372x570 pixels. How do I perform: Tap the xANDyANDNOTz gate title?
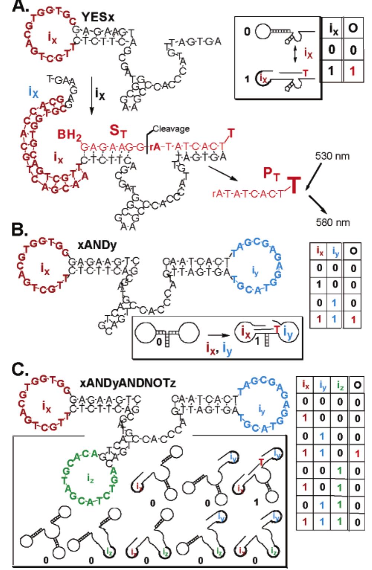tap(127, 383)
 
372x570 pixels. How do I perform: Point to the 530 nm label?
tap(332, 156)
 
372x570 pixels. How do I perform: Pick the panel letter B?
tap(19, 229)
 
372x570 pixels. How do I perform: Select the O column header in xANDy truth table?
tap(353, 251)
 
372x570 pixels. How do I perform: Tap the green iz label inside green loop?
tap(90, 479)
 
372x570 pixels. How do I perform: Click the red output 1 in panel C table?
tap(358, 453)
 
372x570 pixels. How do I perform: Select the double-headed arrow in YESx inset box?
tap(295, 54)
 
